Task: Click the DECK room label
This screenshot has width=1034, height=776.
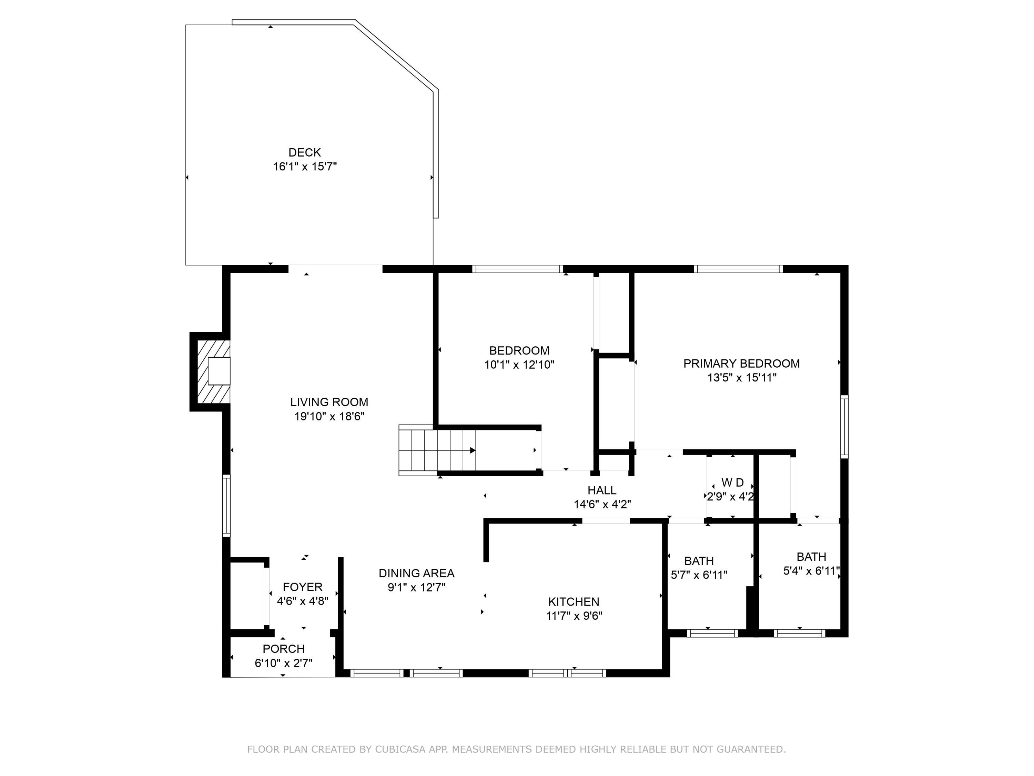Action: click(x=304, y=152)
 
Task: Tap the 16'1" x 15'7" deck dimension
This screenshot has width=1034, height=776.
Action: click(x=305, y=167)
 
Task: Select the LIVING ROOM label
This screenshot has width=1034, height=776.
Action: click(x=329, y=402)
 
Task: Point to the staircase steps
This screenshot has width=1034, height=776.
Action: click(x=437, y=450)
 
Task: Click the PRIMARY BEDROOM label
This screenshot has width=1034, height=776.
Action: click(x=741, y=364)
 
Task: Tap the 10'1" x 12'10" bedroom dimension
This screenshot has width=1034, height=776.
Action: click(x=519, y=365)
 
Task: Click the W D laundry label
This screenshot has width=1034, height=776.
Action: click(x=732, y=482)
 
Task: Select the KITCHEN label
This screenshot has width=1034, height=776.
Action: click(x=574, y=601)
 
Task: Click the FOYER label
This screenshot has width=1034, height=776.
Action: click(x=302, y=587)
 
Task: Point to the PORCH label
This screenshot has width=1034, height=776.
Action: click(x=283, y=649)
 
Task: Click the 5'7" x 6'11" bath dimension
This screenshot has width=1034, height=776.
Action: click(x=699, y=575)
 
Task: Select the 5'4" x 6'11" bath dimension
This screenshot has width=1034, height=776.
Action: click(x=811, y=571)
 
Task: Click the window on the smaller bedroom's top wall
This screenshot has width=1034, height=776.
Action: click(x=517, y=269)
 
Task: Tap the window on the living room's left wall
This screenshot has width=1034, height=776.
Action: click(x=226, y=505)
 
